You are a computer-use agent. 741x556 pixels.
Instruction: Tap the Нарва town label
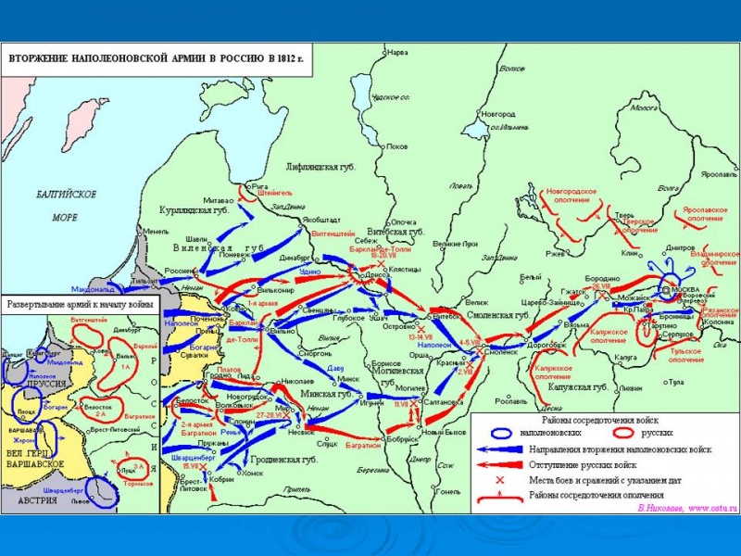(x=398, y=51)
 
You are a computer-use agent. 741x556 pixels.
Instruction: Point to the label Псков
(x=396, y=146)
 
